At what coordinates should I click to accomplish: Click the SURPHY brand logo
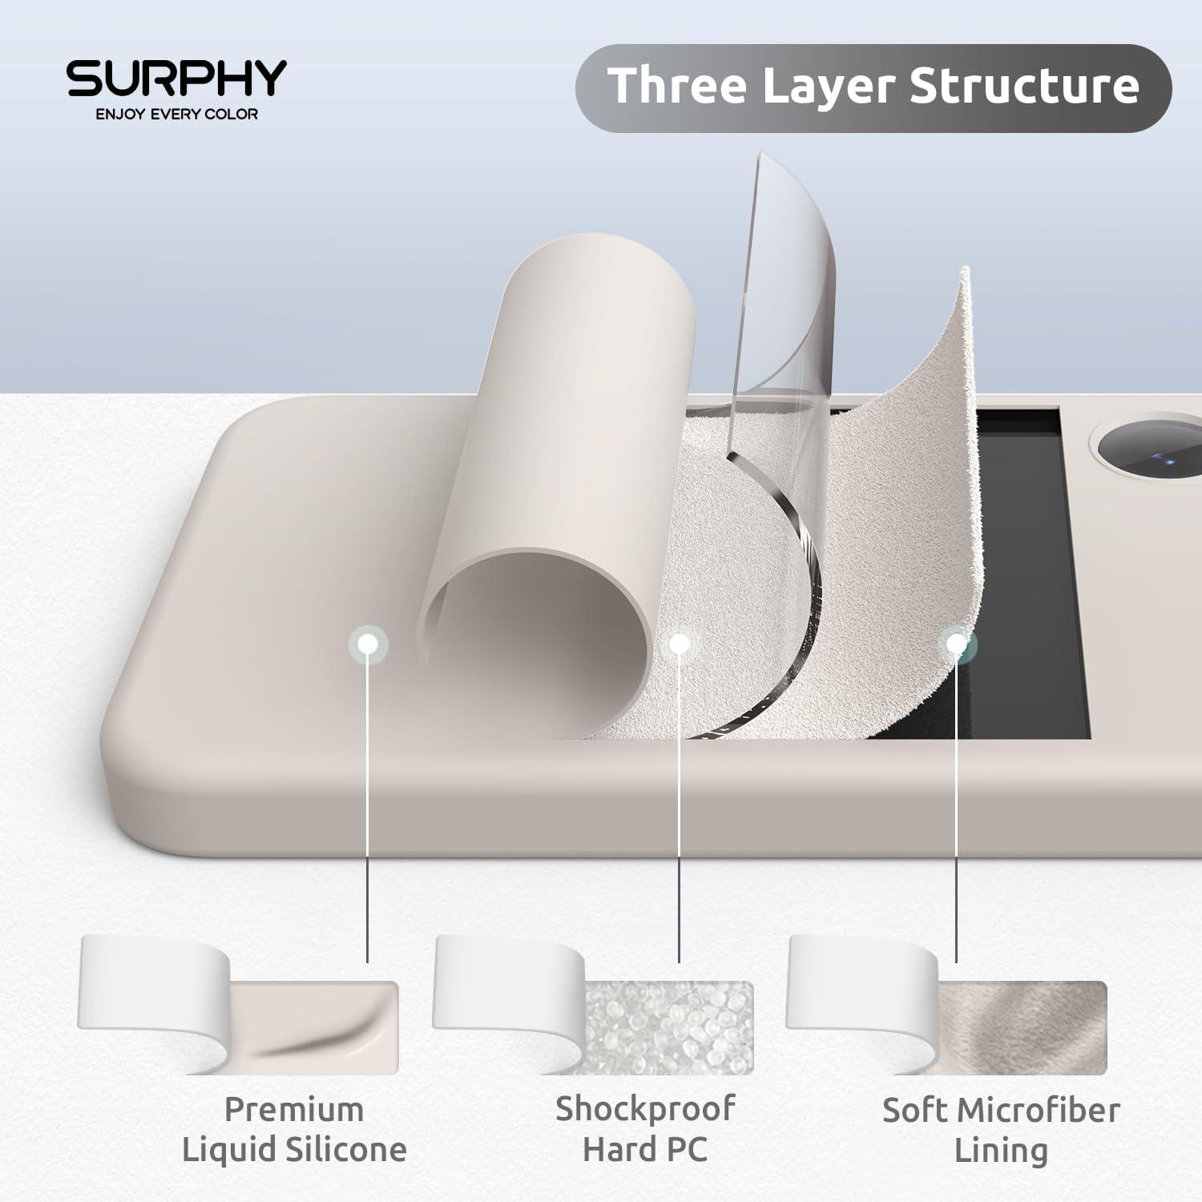coord(176,78)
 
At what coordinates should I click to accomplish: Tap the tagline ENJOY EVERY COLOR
coord(176,114)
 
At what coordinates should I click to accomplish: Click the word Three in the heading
coord(678,85)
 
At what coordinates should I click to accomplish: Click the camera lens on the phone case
coord(1150,453)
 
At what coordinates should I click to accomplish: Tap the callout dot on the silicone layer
coord(369,643)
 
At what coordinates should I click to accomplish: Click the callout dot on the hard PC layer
coord(679,643)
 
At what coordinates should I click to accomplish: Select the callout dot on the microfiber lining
coord(956,643)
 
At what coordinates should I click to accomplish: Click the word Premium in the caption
coord(294,1110)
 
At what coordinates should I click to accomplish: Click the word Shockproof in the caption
coord(645,1110)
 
